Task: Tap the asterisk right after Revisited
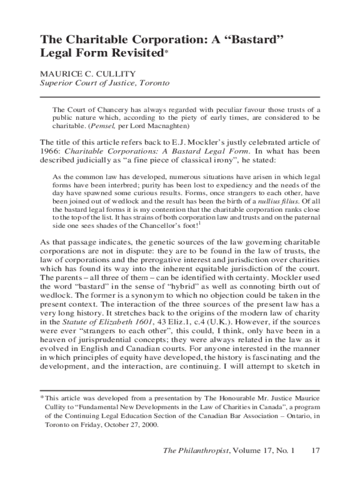[x=165, y=51]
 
